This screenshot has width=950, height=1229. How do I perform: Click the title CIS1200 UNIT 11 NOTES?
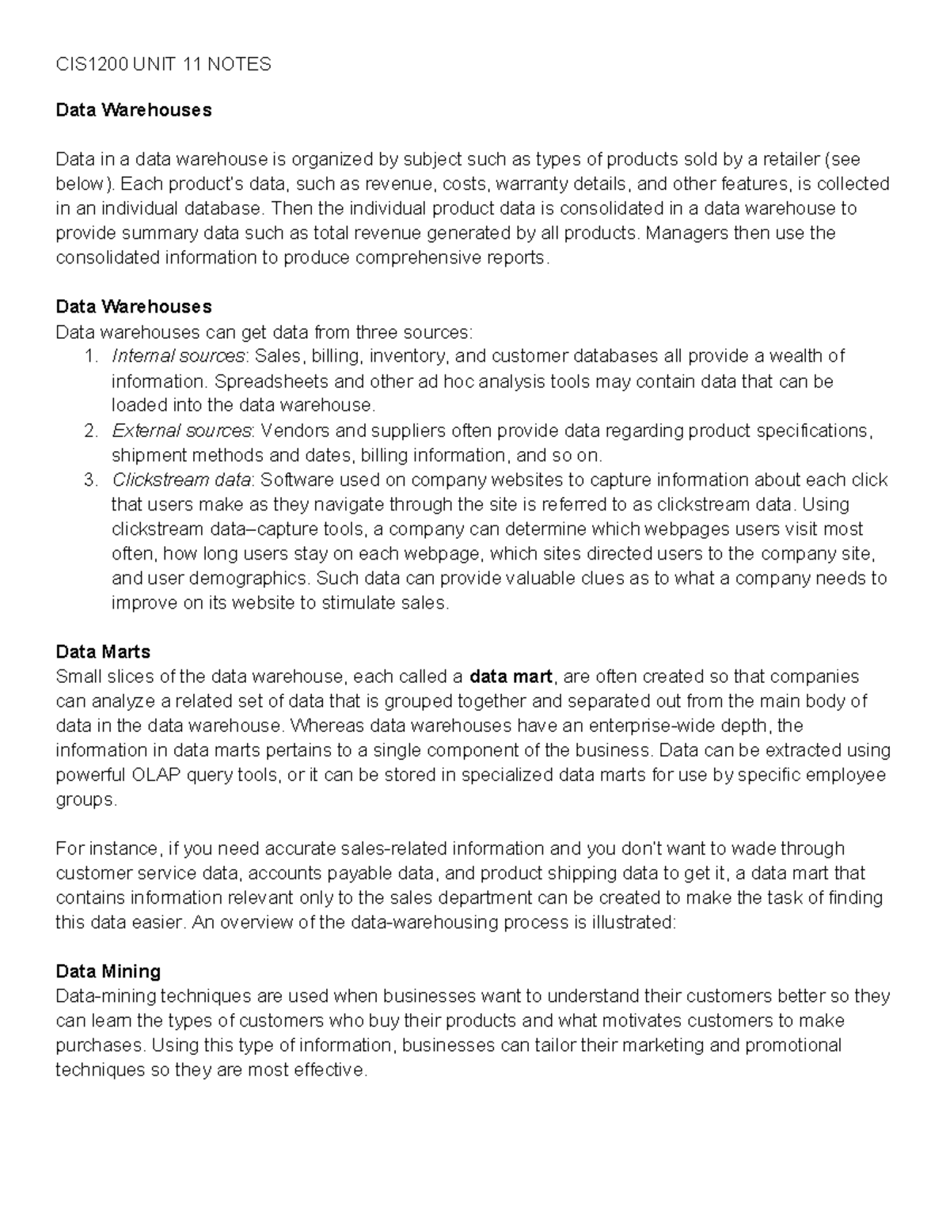163,64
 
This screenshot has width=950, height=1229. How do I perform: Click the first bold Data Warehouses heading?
134,109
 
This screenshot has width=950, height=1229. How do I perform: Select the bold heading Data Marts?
103,651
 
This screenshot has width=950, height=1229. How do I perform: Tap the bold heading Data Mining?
108,971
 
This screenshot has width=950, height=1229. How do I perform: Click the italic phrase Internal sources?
178,356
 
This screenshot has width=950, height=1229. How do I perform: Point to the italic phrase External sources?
181,431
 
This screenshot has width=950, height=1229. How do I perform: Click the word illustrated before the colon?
633,922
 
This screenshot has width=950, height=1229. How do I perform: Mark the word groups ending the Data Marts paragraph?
85,799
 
